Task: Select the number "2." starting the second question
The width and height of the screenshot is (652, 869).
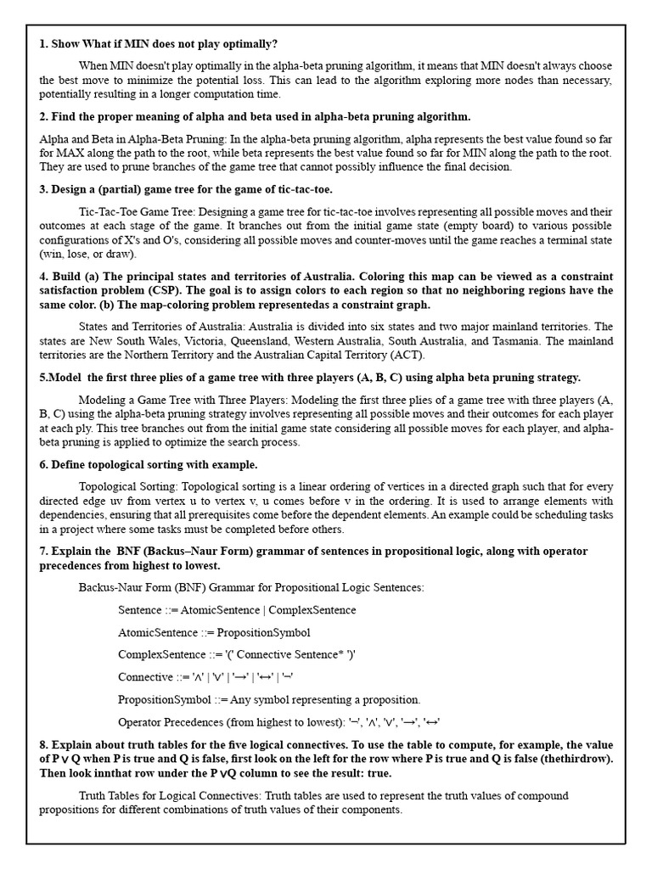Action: (44, 116)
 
